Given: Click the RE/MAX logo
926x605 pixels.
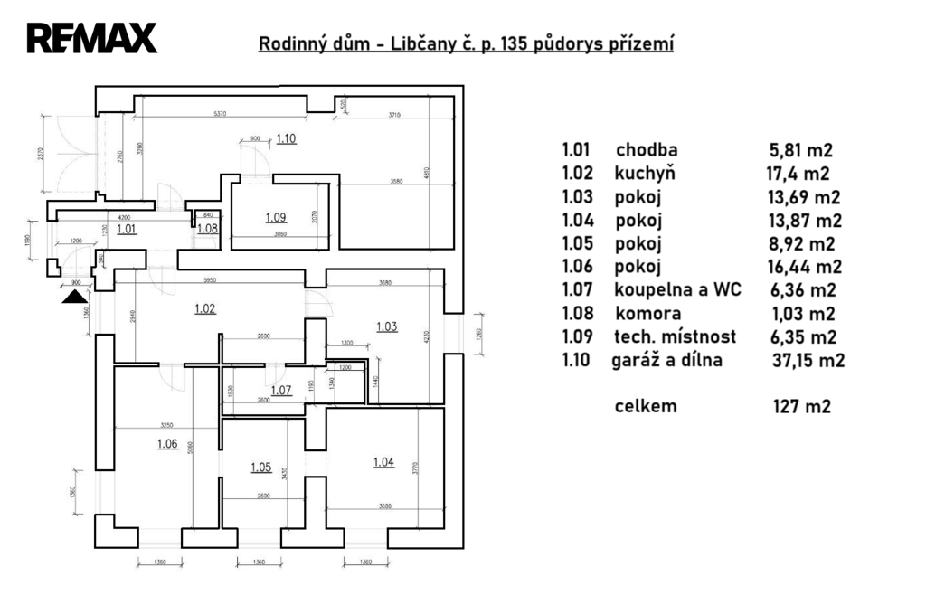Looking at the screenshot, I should (92, 38).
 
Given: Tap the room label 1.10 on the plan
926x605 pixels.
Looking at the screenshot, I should (287, 139).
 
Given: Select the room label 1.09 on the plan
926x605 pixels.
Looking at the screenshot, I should (276, 217).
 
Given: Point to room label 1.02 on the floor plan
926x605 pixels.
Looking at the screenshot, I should (205, 308).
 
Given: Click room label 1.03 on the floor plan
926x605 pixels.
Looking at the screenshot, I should (386, 326).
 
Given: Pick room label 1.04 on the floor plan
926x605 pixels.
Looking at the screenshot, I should (383, 463).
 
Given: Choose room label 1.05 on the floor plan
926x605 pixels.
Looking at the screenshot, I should (260, 468).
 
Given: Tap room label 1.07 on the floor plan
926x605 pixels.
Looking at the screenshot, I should (281, 391).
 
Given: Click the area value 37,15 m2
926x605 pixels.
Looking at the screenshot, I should (803, 361).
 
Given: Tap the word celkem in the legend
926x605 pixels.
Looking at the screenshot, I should (645, 407).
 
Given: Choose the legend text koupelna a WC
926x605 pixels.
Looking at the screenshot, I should (677, 290).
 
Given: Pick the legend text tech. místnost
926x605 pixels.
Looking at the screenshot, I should (674, 337).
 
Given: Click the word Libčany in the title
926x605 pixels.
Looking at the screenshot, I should (422, 44).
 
